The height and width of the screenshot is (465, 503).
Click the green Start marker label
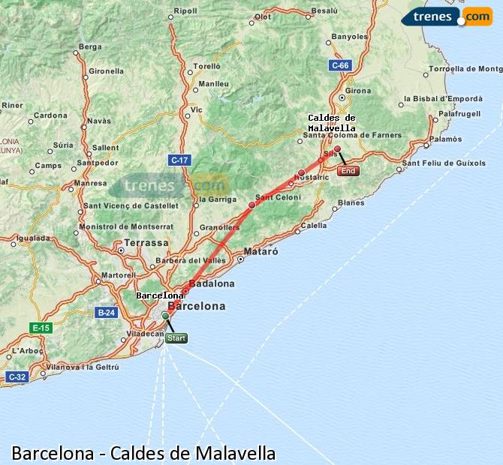[x=176, y=338]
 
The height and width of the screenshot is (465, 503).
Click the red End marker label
[x=348, y=171]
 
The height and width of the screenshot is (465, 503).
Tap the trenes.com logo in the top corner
[x=447, y=16]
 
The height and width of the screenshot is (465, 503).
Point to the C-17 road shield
[x=179, y=160]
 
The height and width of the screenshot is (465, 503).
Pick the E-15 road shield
[x=40, y=328]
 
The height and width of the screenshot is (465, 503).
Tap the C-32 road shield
[x=17, y=376]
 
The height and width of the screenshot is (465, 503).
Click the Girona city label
[x=358, y=91]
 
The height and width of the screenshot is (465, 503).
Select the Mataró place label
[x=262, y=252]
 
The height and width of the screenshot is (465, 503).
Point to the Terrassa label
[x=146, y=243]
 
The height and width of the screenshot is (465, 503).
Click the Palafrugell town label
[x=459, y=113]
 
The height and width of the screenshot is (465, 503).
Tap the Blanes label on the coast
[x=351, y=202]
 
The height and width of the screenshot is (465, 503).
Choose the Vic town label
[x=196, y=109]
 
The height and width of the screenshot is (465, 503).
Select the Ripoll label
[x=185, y=11]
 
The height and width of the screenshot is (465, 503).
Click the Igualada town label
[x=32, y=238]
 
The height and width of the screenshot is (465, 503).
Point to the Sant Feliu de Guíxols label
[x=444, y=163]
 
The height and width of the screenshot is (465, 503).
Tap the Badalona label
[x=213, y=283]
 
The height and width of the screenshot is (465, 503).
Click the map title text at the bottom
[x=143, y=453]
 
